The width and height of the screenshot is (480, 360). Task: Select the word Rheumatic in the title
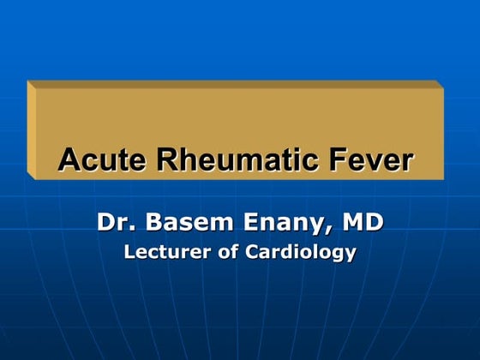(214, 159)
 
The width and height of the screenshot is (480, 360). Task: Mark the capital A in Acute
(67, 159)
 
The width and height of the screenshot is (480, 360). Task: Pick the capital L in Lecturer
(129, 253)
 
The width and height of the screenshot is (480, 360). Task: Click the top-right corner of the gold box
(434, 81)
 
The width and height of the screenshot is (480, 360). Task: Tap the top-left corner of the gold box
(29, 81)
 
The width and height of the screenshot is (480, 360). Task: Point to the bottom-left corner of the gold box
(29, 179)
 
